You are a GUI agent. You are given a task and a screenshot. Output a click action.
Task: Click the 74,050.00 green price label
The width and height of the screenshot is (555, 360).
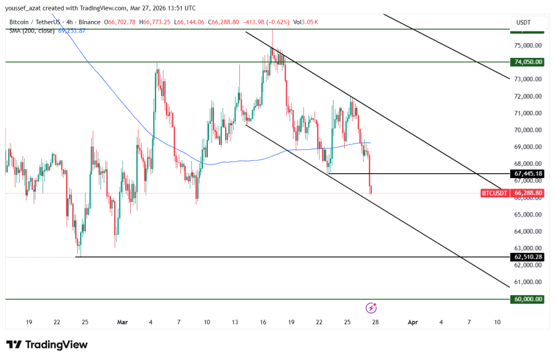[x=527, y=62]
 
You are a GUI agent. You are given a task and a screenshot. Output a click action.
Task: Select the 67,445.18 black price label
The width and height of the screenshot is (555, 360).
[x=527, y=174]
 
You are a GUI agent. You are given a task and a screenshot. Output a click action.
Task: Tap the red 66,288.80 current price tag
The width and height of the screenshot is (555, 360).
[x=527, y=193]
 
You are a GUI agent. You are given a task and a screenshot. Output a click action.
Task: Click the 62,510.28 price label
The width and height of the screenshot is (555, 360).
[x=527, y=256]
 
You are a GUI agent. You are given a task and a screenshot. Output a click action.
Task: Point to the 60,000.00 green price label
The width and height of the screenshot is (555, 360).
[x=527, y=299]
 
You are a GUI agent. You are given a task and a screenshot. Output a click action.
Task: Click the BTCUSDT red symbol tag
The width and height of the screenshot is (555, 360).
[x=494, y=193]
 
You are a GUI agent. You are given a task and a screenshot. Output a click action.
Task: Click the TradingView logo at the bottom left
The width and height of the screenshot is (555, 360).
[x=47, y=345]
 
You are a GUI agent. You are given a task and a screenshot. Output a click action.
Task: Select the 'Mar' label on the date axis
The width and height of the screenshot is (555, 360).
[x=122, y=322]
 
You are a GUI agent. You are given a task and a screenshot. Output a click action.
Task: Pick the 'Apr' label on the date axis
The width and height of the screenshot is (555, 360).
[x=413, y=322]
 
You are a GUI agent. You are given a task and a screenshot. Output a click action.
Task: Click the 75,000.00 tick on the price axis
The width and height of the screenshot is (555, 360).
[x=527, y=46]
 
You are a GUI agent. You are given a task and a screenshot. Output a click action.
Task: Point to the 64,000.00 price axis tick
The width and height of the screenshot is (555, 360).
[x=527, y=232]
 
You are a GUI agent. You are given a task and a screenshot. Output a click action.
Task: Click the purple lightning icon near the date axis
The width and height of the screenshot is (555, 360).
[x=371, y=307]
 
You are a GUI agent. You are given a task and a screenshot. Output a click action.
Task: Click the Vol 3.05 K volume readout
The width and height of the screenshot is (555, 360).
[x=306, y=22]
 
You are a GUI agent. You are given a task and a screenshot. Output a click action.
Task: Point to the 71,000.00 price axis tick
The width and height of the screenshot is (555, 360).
[x=527, y=113]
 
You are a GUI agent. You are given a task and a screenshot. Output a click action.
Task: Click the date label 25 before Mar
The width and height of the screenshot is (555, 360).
[x=84, y=322]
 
